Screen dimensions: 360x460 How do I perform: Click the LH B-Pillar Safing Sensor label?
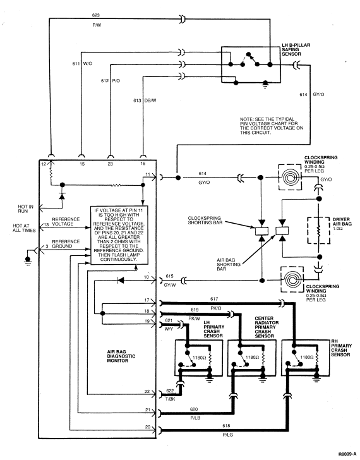click(x=296, y=49)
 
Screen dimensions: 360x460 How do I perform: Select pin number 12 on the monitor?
click(x=44, y=164)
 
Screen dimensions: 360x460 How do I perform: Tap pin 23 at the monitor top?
click(x=110, y=164)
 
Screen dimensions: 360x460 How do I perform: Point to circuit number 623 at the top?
click(x=96, y=15)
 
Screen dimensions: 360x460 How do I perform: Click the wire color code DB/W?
click(x=150, y=100)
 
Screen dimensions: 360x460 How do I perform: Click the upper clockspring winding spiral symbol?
click(x=291, y=177)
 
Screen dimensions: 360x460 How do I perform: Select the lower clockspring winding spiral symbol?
click(x=292, y=279)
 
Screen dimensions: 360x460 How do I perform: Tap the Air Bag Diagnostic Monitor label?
click(x=121, y=356)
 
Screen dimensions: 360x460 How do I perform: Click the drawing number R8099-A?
click(x=348, y=454)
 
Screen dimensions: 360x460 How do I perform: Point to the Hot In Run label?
click(x=25, y=209)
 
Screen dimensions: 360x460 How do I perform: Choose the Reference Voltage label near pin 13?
click(x=66, y=222)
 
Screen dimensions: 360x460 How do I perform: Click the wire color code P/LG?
click(x=228, y=435)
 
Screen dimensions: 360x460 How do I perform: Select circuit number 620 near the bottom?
click(x=194, y=409)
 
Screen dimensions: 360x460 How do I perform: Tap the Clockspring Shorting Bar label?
click(x=205, y=221)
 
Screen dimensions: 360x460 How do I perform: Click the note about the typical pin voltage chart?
click(x=272, y=126)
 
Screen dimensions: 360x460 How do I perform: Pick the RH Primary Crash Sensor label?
click(x=340, y=348)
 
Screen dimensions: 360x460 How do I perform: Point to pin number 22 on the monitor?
click(x=147, y=391)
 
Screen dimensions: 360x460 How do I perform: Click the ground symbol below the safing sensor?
click(x=265, y=85)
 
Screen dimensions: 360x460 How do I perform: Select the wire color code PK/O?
click(x=216, y=308)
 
